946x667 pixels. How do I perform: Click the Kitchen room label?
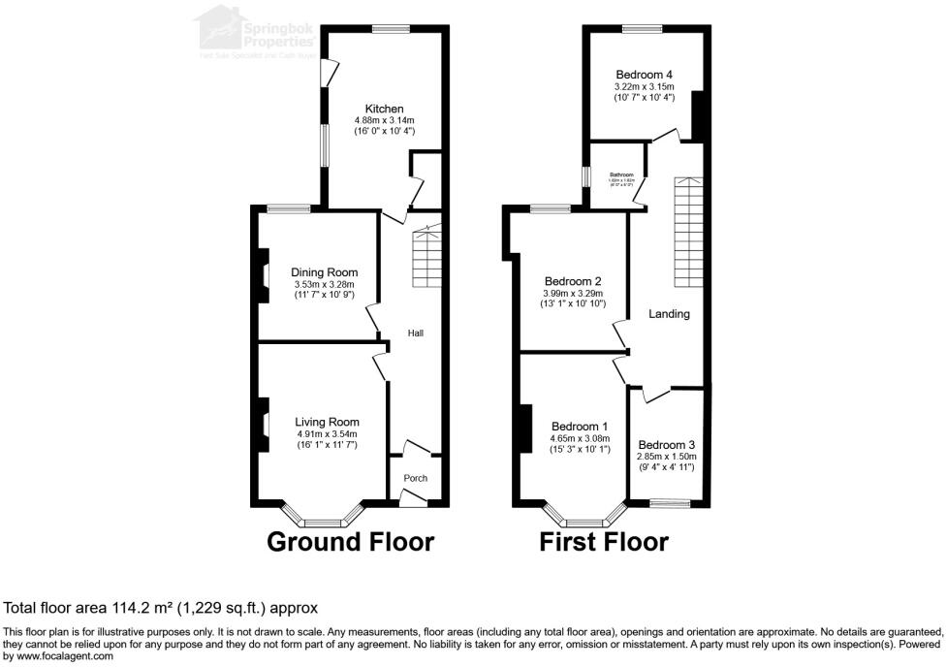[384, 109]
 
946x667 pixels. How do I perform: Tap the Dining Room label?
[325, 272]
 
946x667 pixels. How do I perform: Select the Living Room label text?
[327, 422]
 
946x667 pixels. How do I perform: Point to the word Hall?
[415, 333]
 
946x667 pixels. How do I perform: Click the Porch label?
[415, 478]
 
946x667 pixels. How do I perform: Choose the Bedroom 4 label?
[644, 75]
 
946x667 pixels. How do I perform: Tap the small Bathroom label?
[621, 175]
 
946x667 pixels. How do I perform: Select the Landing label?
[669, 314]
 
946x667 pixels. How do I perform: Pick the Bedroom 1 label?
[580, 426]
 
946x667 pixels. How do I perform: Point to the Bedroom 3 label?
[667, 444]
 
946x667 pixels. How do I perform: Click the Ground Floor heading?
[350, 541]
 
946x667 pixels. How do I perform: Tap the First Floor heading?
[604, 541]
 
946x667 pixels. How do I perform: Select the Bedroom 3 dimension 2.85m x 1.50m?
[667, 456]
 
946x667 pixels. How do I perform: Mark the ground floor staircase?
[426, 256]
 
